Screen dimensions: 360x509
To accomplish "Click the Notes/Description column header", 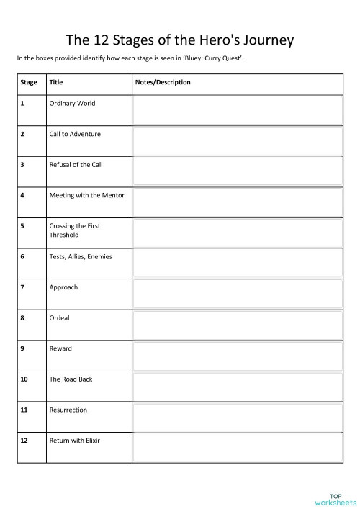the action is pyautogui.click(x=163, y=83).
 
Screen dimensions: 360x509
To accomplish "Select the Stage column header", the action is pyautogui.click(x=29, y=83).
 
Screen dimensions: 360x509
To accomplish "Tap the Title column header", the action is pyautogui.click(x=55, y=83).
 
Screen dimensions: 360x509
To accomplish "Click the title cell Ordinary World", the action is pyautogui.click(x=72, y=103).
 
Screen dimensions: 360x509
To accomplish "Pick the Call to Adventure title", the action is pyautogui.click(x=75, y=134).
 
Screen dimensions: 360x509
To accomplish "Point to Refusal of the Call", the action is pyautogui.click(x=76, y=165).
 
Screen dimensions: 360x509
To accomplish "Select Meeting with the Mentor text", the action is pyautogui.click(x=86, y=195).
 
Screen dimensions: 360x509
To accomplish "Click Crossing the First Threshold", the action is pyautogui.click(x=74, y=230).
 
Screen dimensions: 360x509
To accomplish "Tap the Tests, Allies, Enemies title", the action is pyautogui.click(x=80, y=256).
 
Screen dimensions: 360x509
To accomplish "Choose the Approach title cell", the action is pyautogui.click(x=63, y=287).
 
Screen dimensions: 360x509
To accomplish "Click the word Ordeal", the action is pyautogui.click(x=59, y=317).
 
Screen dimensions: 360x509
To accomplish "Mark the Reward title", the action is pyautogui.click(x=60, y=348).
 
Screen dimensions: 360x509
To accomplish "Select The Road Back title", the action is pyautogui.click(x=71, y=379).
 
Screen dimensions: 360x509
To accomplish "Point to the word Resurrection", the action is pyautogui.click(x=68, y=410).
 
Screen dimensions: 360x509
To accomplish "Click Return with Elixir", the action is pyautogui.click(x=74, y=440).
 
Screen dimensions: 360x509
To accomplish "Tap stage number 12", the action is pyautogui.click(x=24, y=440).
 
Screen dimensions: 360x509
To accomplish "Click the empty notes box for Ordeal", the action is pyautogui.click(x=236, y=325).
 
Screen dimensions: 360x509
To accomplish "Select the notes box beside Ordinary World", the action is pyautogui.click(x=236, y=110).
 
